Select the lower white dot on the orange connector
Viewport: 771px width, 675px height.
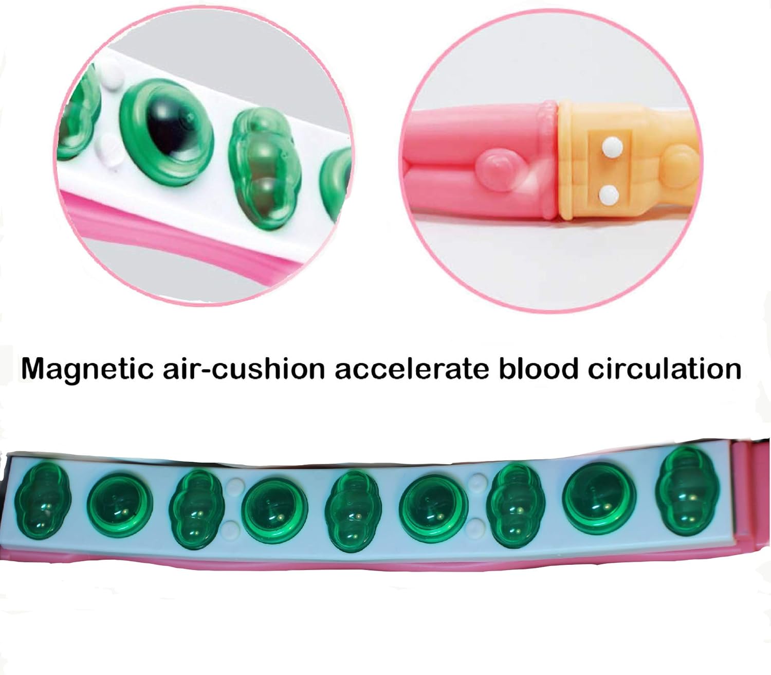[x=609, y=195]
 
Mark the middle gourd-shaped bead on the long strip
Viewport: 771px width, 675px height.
[x=354, y=510]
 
